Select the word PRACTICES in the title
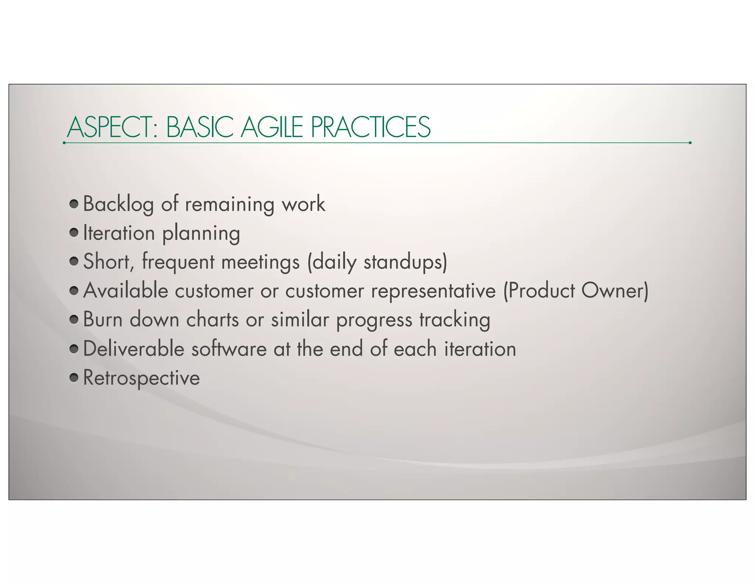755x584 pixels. tap(370, 127)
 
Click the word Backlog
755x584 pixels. tap(118, 204)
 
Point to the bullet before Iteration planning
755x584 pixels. tap(74, 233)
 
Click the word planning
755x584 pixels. tap(201, 234)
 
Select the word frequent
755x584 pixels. tap(178, 262)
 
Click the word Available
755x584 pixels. tap(126, 291)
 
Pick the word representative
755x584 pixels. tap(433, 291)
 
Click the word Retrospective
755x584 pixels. tap(142, 378)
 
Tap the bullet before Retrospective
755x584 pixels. tap(74, 377)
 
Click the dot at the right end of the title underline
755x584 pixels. tap(690, 142)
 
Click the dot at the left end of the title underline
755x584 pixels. tap(65, 142)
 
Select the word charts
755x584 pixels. tap(212, 319)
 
